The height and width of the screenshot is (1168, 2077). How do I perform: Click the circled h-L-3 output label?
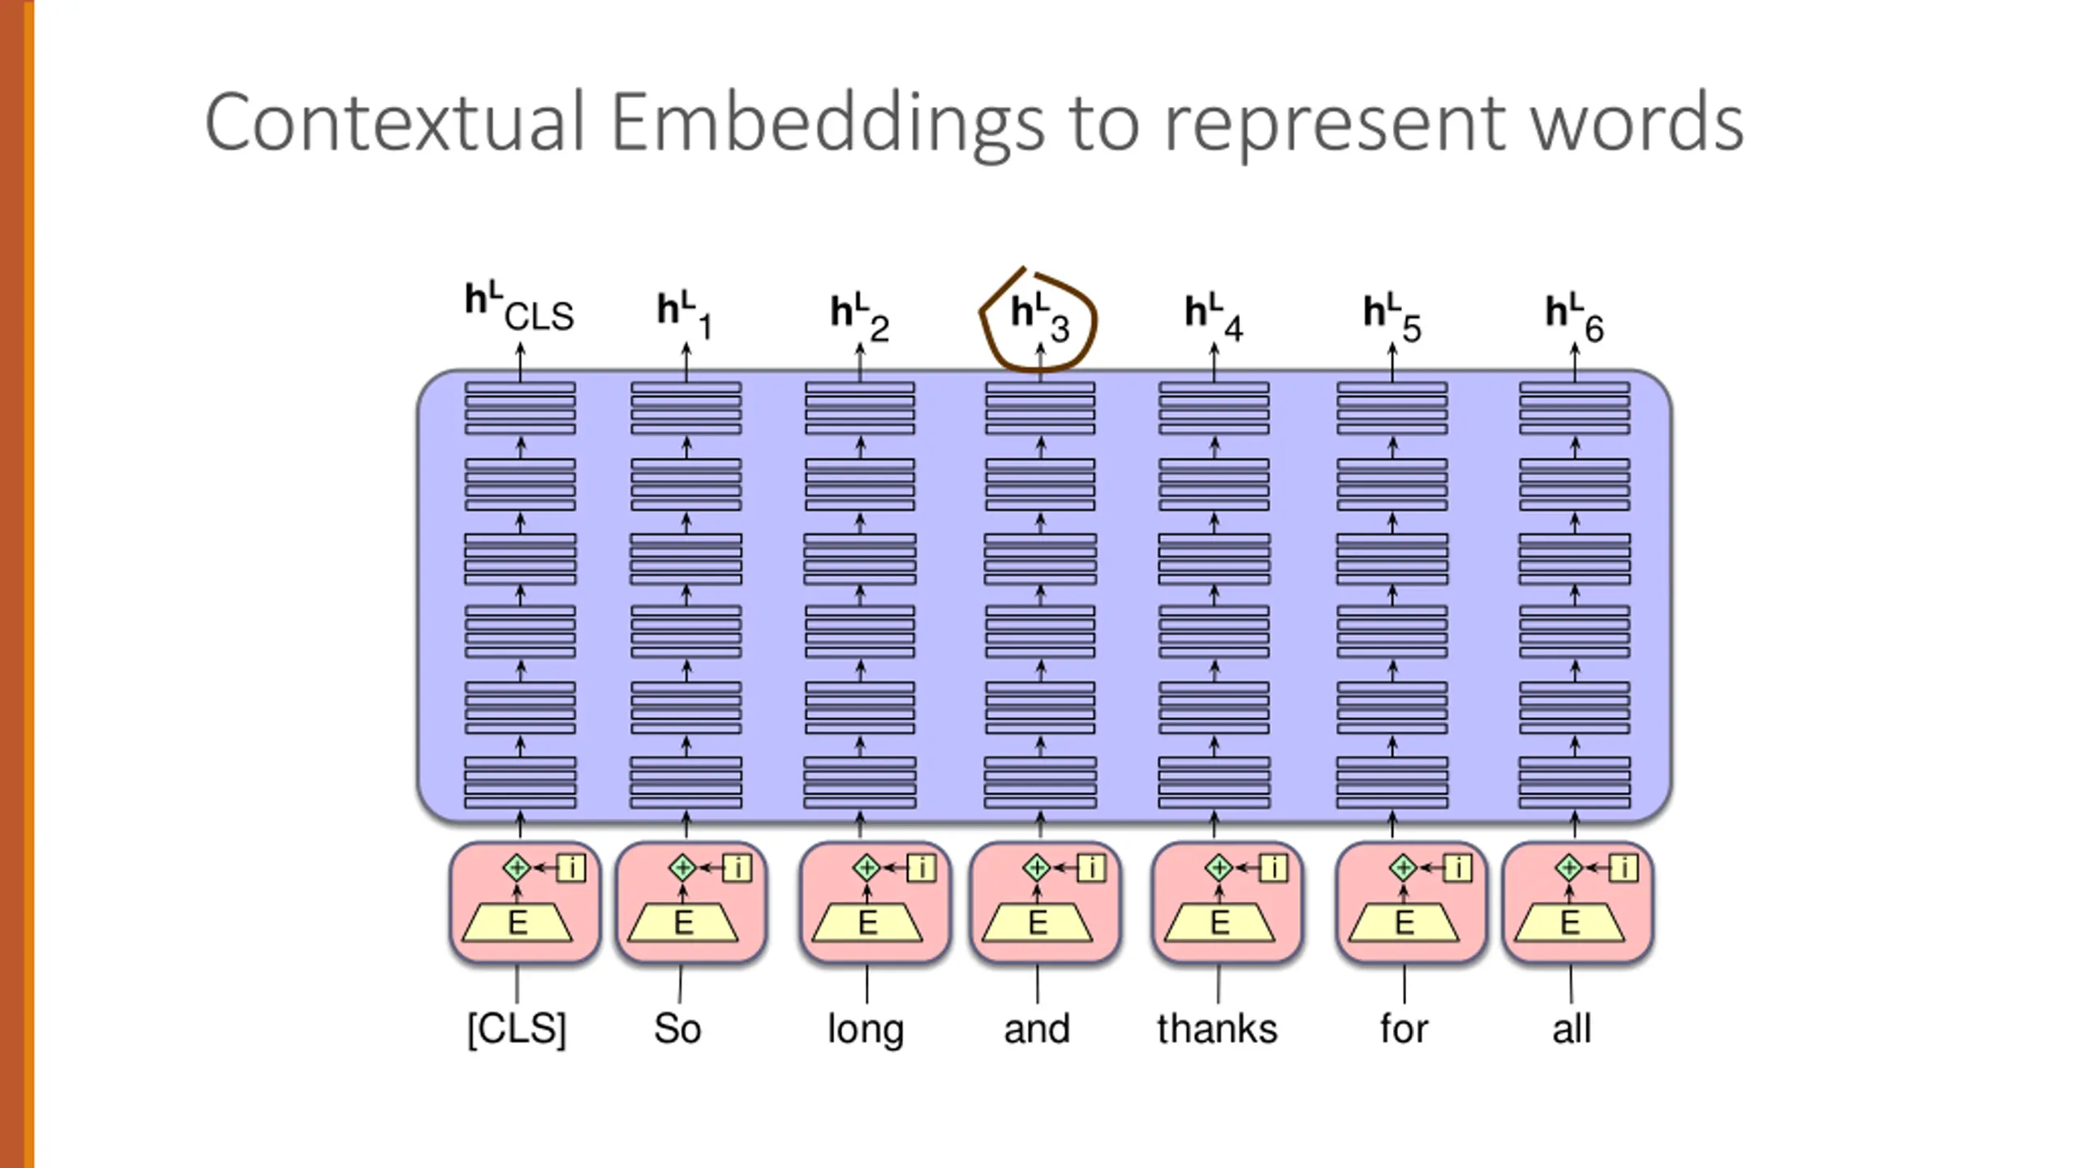pos(1039,317)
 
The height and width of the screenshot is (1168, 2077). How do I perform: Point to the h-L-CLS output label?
pos(518,307)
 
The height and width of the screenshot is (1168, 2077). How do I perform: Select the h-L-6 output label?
pos(1574,317)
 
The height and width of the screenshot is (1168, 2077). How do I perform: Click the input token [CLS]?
pos(517,1029)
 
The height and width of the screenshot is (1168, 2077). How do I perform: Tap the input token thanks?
pos(1217,1028)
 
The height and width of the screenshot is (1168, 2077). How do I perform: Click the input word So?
pos(677,1028)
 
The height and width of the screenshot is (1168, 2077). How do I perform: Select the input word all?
pos(1572,1028)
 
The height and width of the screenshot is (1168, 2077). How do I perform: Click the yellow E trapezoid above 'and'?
pos(1038,923)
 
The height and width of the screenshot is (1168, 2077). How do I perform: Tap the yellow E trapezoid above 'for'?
pos(1404,923)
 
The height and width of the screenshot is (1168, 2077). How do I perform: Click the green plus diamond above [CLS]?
pos(517,868)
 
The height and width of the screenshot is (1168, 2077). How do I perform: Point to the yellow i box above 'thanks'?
pos(1274,868)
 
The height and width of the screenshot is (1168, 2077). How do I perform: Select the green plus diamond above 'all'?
pos(1569,868)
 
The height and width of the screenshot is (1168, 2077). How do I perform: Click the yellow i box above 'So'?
pos(737,868)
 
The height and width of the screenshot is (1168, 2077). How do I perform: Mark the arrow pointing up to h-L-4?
pos(1214,361)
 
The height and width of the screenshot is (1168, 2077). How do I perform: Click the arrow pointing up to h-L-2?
pos(860,361)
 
